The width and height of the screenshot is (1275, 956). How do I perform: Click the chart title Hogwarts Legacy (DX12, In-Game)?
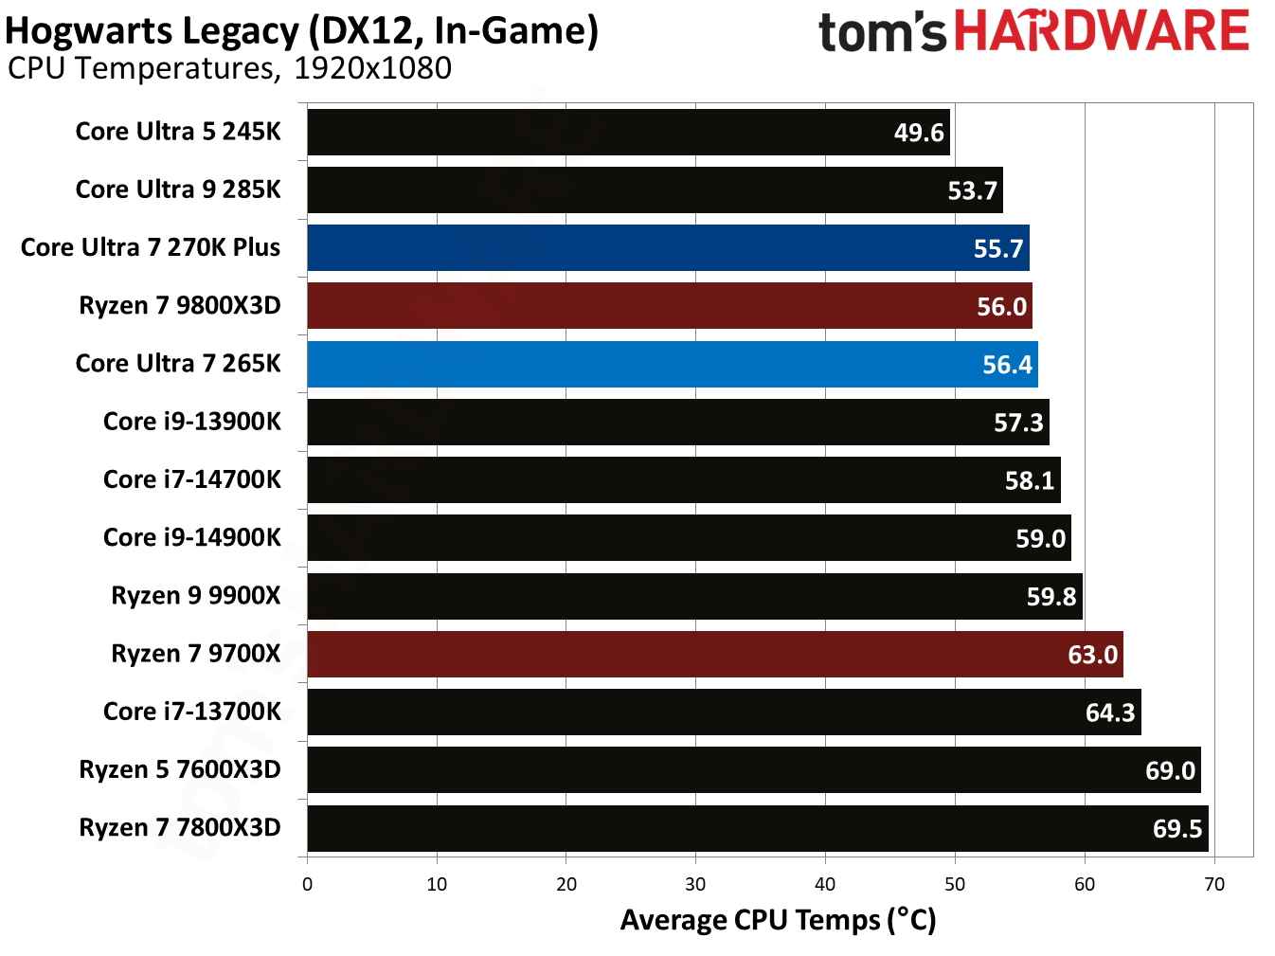301,31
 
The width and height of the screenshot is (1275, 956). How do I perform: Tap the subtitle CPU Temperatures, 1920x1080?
229,69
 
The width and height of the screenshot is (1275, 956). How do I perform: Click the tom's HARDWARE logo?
1033,32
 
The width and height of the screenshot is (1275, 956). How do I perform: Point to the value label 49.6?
919,133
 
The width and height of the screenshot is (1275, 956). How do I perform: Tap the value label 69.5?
1176,829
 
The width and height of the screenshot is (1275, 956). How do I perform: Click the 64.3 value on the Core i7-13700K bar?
1109,712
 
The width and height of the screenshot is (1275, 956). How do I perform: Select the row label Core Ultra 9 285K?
178,189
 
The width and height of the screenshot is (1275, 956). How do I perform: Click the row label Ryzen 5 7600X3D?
180,769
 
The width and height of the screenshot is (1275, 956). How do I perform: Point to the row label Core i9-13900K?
191,422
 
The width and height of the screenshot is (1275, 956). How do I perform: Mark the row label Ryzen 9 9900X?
196,596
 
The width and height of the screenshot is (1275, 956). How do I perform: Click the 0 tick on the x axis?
307,884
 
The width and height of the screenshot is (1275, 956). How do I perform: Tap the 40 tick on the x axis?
825,884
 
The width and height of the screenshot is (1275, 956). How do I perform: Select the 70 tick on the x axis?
1213,884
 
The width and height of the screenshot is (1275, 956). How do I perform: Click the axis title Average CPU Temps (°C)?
778,920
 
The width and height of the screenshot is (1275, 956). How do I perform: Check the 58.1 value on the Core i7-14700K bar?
1029,480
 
